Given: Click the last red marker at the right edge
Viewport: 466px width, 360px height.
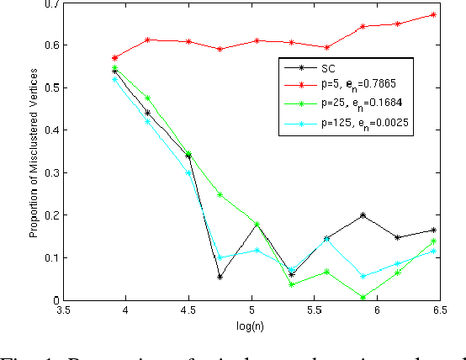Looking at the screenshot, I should [433, 14].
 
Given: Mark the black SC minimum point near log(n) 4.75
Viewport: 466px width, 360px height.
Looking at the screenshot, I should [220, 277].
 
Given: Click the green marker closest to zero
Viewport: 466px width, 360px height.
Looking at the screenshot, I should [363, 297].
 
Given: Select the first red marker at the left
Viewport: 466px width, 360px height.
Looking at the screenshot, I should [115, 58].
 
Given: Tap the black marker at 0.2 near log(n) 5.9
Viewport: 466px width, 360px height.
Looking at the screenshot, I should [363, 215].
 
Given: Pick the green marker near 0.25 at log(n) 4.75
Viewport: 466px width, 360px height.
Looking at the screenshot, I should [220, 194].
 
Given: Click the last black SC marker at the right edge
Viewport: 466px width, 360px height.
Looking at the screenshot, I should [433, 230].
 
